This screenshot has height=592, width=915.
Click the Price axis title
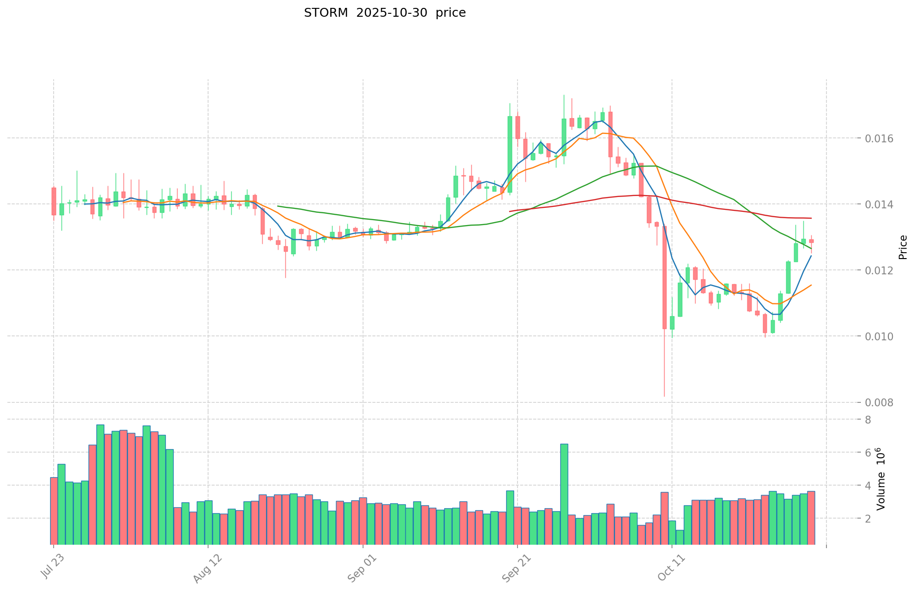(903, 247)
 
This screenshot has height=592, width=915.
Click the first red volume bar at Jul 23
(54, 510)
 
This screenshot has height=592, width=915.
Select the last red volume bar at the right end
(811, 517)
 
